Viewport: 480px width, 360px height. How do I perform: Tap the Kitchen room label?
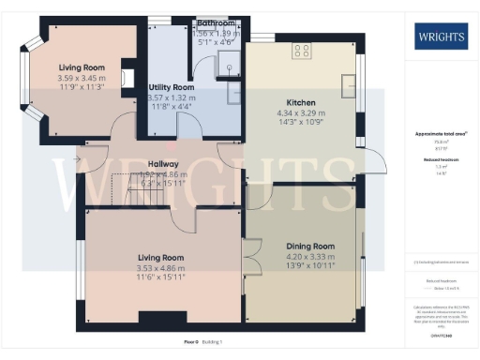point(301,102)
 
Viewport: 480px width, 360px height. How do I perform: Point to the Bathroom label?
point(218,22)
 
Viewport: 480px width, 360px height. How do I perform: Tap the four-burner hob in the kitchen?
point(302,52)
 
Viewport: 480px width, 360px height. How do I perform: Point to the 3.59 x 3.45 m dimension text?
point(82,78)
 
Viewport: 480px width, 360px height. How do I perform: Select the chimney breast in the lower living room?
point(151,315)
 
